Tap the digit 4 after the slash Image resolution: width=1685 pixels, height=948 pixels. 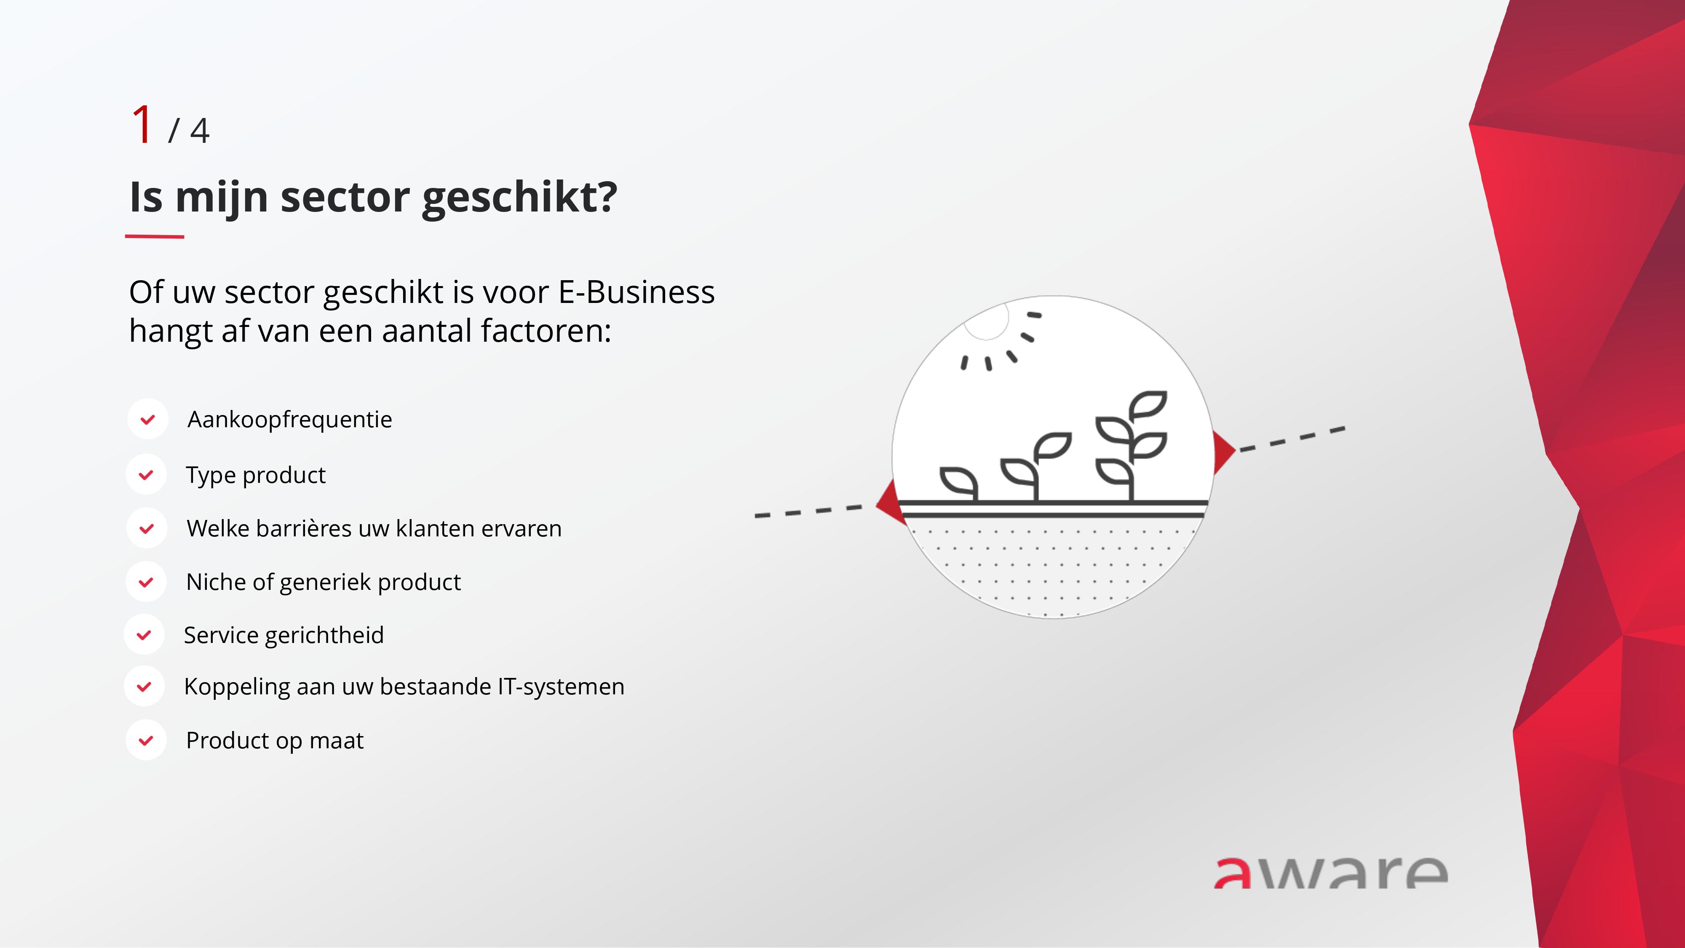point(200,131)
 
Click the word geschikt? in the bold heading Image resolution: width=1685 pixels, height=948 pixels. point(520,198)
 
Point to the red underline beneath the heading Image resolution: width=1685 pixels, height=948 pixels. point(154,236)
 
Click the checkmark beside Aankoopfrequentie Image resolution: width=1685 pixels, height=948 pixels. point(148,419)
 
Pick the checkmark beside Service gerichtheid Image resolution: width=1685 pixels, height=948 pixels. point(144,635)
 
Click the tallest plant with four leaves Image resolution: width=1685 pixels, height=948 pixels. point(1131,445)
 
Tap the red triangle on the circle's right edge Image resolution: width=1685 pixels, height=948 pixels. point(1223,451)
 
